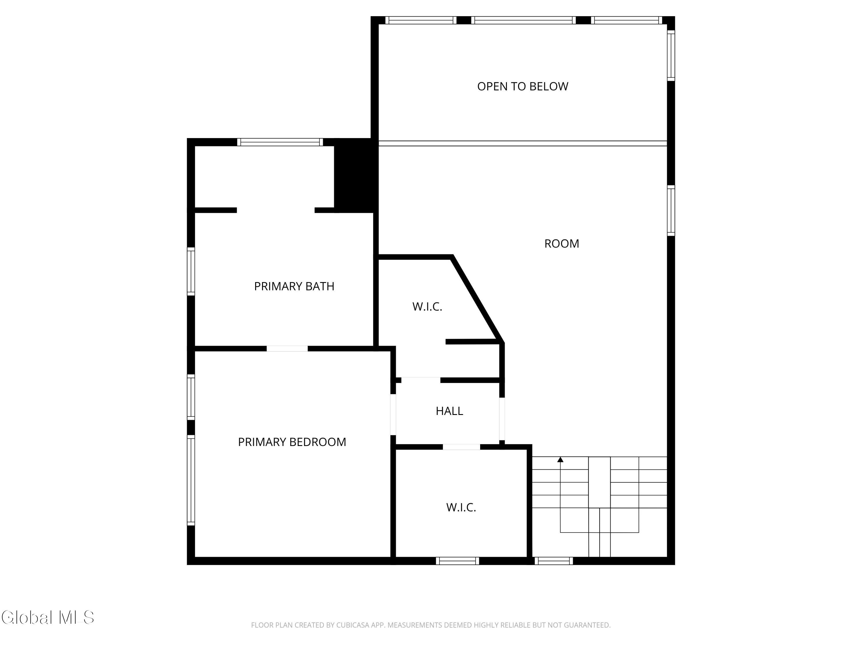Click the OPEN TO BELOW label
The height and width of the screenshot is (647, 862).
pos(523,86)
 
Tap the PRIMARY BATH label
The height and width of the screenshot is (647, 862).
pos(294,286)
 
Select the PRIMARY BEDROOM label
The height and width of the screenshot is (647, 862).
pos(292,442)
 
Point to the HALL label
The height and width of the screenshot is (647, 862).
pos(449,411)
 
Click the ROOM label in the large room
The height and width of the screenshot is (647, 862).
pos(561,243)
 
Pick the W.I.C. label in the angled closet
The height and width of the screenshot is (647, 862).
pos(427,307)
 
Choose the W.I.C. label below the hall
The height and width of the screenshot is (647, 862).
pos(461,507)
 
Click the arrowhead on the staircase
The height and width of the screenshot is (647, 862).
pos(560,460)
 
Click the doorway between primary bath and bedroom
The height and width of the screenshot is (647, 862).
pos(287,349)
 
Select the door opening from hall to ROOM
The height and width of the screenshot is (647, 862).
pos(502,419)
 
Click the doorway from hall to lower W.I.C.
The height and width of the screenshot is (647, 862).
pos(461,447)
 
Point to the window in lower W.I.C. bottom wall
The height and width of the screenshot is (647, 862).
pos(457,561)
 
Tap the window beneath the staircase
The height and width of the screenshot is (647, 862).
pos(554,561)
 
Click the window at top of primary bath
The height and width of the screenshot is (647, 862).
pos(280,142)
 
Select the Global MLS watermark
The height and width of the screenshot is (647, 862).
pos(47,617)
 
